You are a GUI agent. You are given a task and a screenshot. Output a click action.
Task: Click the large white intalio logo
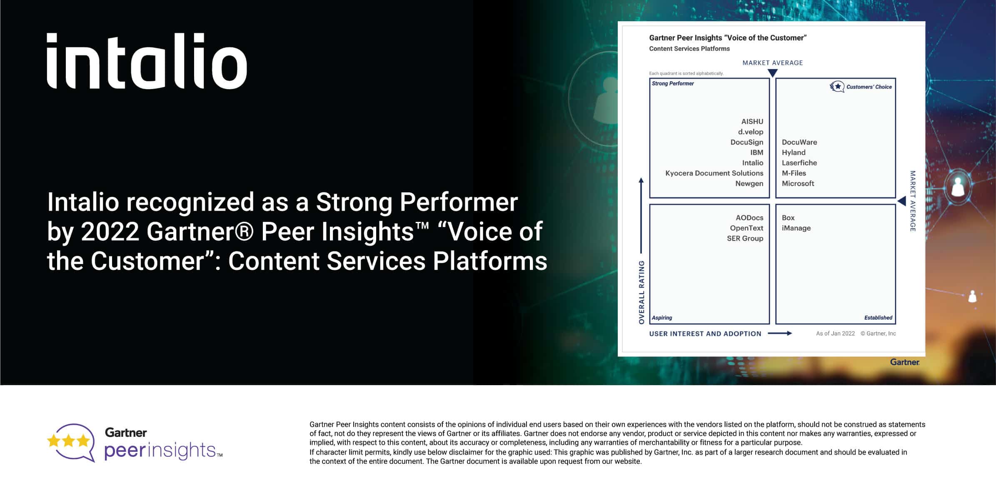pos(147,61)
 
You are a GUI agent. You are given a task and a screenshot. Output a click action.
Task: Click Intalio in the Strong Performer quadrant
pos(752,163)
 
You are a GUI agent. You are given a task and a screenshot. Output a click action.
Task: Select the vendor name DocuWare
pos(799,142)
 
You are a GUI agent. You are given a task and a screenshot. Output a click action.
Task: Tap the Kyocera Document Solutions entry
pos(714,173)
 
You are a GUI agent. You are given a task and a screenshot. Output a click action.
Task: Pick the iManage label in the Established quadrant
pos(796,228)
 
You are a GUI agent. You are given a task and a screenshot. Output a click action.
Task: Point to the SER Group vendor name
pos(745,239)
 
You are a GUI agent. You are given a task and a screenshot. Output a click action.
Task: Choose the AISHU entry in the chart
pos(752,122)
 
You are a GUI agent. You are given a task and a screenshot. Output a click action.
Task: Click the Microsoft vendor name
pos(798,184)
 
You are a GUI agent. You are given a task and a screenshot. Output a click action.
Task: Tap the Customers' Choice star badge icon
pos(836,87)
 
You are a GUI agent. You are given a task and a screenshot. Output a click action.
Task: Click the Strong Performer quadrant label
pos(673,84)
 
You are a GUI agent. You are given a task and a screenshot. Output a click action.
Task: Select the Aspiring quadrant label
pos(662,318)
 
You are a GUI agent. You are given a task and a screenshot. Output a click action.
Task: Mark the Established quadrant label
pos(878,318)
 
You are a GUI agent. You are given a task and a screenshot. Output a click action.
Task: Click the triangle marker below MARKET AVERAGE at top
pos(772,73)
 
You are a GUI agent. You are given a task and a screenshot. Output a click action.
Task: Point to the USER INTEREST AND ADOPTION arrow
pos(779,334)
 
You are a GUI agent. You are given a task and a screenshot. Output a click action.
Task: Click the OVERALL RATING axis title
pos(642,292)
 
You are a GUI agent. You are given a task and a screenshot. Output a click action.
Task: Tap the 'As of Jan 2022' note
pos(835,334)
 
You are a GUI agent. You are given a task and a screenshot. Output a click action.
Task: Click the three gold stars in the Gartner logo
pos(69,441)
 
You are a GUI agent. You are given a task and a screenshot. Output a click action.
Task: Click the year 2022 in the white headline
pos(110,232)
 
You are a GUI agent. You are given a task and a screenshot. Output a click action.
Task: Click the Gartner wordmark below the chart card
pos(904,362)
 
